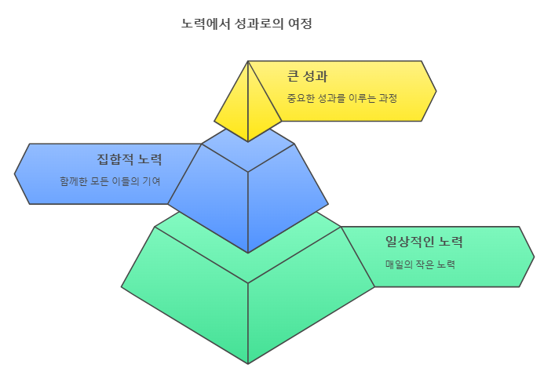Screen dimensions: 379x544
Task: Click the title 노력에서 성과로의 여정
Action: point(246,24)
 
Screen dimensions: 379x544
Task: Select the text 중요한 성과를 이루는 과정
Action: point(341,98)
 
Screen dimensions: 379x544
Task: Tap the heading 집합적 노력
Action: point(130,159)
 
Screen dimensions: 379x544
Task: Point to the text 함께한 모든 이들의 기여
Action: point(110,181)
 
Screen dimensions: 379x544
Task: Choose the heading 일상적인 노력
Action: point(424,241)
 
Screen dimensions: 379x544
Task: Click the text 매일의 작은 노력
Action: point(420,264)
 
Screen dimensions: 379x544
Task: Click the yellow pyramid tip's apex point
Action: point(248,61)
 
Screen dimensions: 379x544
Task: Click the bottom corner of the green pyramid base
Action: point(248,363)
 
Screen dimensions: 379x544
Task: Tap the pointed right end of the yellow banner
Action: point(435,91)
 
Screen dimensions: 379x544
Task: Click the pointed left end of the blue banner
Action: point(16,173)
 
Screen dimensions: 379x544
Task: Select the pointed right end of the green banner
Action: point(533,257)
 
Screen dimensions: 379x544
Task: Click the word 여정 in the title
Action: point(301,24)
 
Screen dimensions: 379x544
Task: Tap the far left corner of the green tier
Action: point(122,286)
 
